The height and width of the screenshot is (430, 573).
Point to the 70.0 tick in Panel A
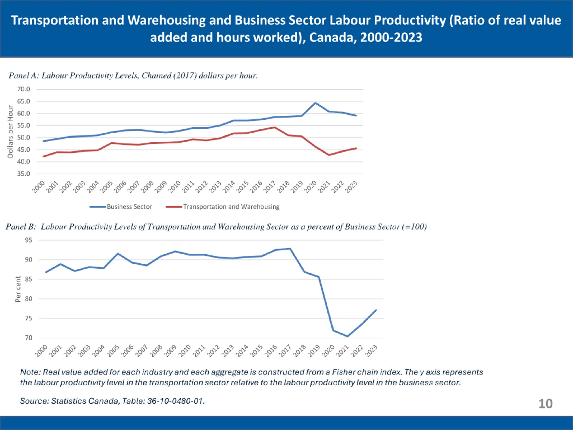pyautogui.click(x=24, y=89)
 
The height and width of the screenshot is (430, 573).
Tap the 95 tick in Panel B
pyautogui.click(x=28, y=240)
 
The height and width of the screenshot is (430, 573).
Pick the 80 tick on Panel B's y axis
pyautogui.click(x=28, y=299)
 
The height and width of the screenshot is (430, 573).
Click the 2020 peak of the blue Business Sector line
pyautogui.click(x=315, y=103)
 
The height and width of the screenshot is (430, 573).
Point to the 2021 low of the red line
pyautogui.click(x=329, y=155)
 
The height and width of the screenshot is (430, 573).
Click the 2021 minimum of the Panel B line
pyautogui.click(x=347, y=336)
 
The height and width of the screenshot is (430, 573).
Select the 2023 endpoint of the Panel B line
pyautogui.click(x=376, y=310)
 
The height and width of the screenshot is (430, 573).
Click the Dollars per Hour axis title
pyautogui.click(x=10, y=131)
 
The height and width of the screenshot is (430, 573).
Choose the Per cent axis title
pyautogui.click(x=18, y=289)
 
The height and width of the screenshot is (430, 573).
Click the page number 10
pyautogui.click(x=545, y=404)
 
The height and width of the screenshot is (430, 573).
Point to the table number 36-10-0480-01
pyautogui.click(x=175, y=401)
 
